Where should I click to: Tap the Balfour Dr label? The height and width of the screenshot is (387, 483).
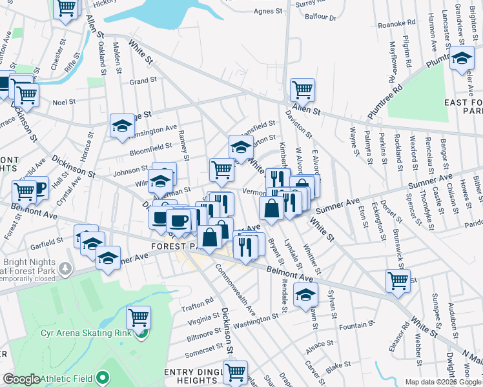click(x=324, y=18)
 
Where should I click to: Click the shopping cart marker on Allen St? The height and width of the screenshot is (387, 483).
click(x=302, y=89)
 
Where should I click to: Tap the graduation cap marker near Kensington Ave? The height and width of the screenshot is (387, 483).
click(x=122, y=125)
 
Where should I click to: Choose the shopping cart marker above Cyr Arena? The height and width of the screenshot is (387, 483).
click(x=139, y=317)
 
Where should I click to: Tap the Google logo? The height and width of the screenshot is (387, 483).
click(x=21, y=379)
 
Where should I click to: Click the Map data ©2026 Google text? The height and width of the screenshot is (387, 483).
click(x=443, y=382)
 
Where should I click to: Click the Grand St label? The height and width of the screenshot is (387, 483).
click(x=139, y=82)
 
